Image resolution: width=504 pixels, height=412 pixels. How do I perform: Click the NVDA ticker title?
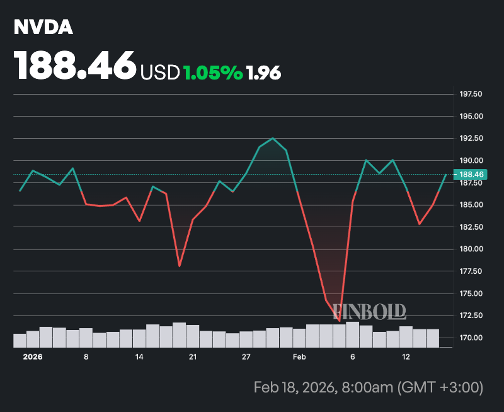click(x=43, y=28)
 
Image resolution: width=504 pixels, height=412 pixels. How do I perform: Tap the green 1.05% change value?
click(x=212, y=73)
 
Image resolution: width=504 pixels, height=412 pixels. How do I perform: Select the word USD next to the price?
click(x=160, y=73)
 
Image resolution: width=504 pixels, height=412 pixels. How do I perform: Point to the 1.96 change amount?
click(x=264, y=73)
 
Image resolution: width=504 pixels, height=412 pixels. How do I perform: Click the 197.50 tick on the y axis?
click(x=471, y=94)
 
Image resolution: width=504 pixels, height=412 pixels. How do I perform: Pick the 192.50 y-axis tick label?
click(x=471, y=138)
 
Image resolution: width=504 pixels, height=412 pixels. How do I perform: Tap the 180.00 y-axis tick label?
click(x=471, y=249)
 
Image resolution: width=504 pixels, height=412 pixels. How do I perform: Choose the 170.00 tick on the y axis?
click(x=471, y=338)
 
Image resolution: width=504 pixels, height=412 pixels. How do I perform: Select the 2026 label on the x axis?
click(x=33, y=357)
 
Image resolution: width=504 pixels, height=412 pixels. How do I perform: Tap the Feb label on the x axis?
click(x=299, y=357)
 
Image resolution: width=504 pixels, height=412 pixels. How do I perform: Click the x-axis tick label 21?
click(x=193, y=357)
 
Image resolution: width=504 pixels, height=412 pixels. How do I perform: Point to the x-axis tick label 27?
click(x=246, y=357)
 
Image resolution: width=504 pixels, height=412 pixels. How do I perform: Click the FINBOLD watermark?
click(x=369, y=310)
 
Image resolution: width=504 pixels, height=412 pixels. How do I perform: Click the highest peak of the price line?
click(x=273, y=138)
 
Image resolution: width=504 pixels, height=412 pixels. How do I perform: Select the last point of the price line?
click(x=446, y=174)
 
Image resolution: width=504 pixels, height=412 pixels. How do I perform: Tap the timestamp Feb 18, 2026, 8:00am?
click(x=368, y=387)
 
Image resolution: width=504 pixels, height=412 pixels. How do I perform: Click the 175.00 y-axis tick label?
click(x=471, y=293)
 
